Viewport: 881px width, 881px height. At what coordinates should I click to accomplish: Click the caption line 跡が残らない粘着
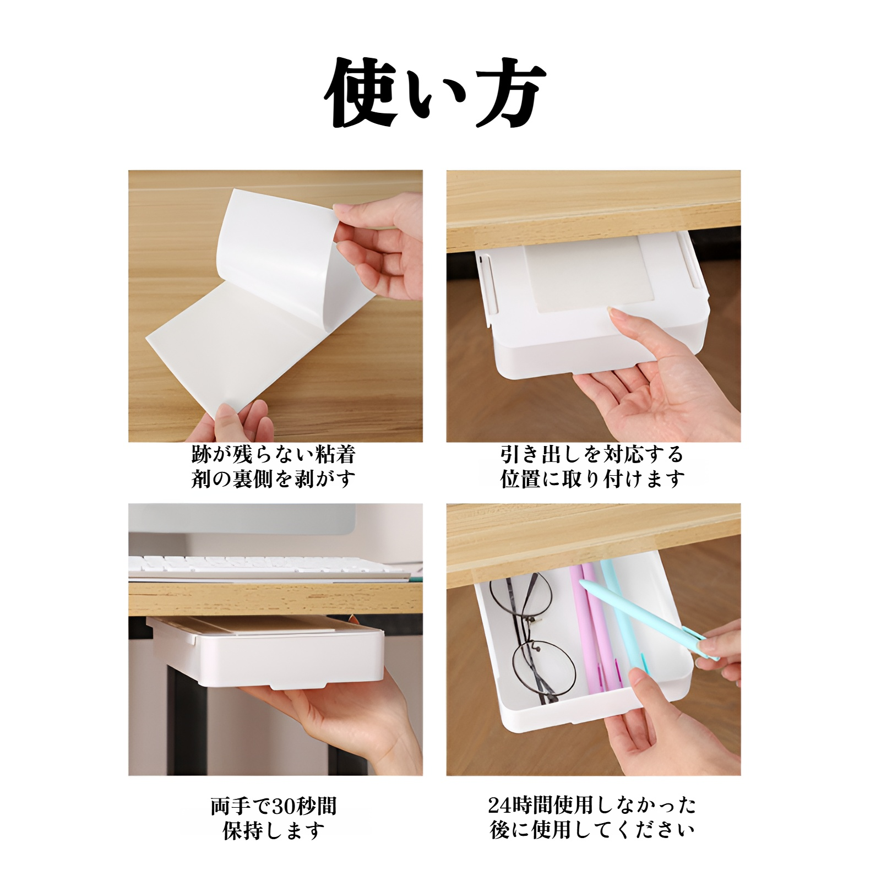click(x=274, y=455)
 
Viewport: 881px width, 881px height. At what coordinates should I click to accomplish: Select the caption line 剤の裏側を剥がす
click(x=274, y=479)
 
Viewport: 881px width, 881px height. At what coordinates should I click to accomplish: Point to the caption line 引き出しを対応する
click(x=592, y=455)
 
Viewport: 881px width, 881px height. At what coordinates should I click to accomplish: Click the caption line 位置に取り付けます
click(x=592, y=479)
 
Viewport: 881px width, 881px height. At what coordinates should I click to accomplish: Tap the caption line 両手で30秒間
click(x=274, y=807)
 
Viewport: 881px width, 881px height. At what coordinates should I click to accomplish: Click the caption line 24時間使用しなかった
click(x=592, y=806)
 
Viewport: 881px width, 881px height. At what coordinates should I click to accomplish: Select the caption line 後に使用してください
click(x=592, y=830)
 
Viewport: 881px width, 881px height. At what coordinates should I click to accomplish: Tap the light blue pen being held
click(x=639, y=617)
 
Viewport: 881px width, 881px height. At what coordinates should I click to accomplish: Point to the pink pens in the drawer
click(x=589, y=633)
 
